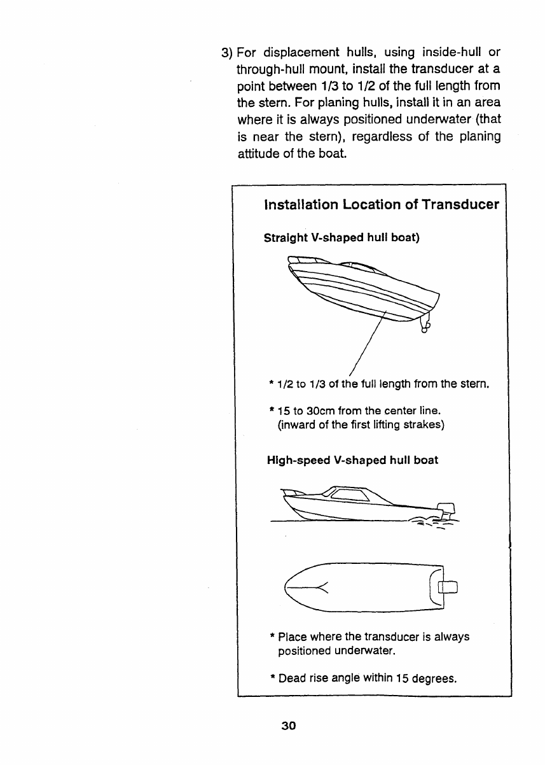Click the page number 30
click(289, 726)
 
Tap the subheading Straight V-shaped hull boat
click(341, 238)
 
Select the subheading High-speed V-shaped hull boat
click(351, 460)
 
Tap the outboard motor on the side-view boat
click(447, 510)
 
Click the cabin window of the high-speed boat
click(350, 495)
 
